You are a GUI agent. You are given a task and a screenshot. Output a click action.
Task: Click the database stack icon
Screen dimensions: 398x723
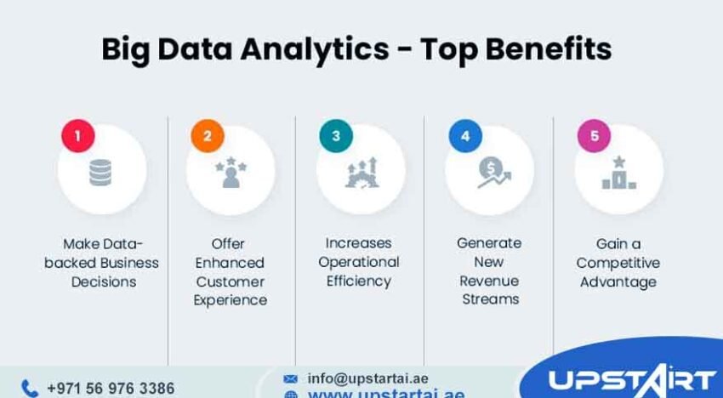[101, 173]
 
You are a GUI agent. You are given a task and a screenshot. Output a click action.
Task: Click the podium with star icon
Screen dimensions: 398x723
[618, 173]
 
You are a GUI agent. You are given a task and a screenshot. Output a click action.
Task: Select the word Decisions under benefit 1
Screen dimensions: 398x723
[102, 281]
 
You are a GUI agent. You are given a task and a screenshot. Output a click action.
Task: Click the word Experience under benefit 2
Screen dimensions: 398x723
[231, 300]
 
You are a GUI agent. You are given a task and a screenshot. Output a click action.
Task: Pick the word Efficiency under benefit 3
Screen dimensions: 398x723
[359, 281]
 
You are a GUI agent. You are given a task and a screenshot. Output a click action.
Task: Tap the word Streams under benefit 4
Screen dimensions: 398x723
[489, 299]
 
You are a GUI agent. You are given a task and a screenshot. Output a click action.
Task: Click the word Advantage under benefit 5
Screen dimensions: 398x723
[618, 281]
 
